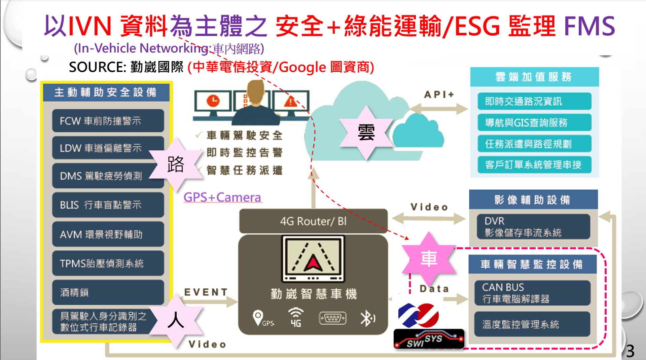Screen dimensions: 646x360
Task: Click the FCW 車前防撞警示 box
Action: [x=108, y=120]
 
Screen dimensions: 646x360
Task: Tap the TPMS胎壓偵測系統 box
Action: [x=108, y=263]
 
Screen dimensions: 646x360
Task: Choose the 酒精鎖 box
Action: [x=108, y=292]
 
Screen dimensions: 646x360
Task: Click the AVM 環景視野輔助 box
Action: [x=108, y=234]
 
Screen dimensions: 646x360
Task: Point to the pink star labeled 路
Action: [x=176, y=164]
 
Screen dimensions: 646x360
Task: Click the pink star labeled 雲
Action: [x=366, y=133]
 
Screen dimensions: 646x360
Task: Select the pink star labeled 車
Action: [x=429, y=259]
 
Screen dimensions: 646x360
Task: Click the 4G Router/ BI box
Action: [x=313, y=221]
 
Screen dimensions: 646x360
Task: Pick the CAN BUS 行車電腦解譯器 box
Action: [x=532, y=293]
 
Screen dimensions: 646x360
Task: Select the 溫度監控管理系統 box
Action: [x=532, y=324]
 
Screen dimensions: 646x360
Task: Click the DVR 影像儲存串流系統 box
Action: [x=533, y=227]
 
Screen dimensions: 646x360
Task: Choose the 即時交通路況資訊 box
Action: [x=534, y=101]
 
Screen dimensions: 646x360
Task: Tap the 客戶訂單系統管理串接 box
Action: [x=534, y=165]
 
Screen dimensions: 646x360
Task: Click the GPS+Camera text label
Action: [x=222, y=197]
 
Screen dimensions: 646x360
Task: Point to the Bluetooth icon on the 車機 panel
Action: [x=367, y=318]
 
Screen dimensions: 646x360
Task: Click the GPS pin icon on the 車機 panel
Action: [x=258, y=318]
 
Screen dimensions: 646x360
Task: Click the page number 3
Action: [x=630, y=351]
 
